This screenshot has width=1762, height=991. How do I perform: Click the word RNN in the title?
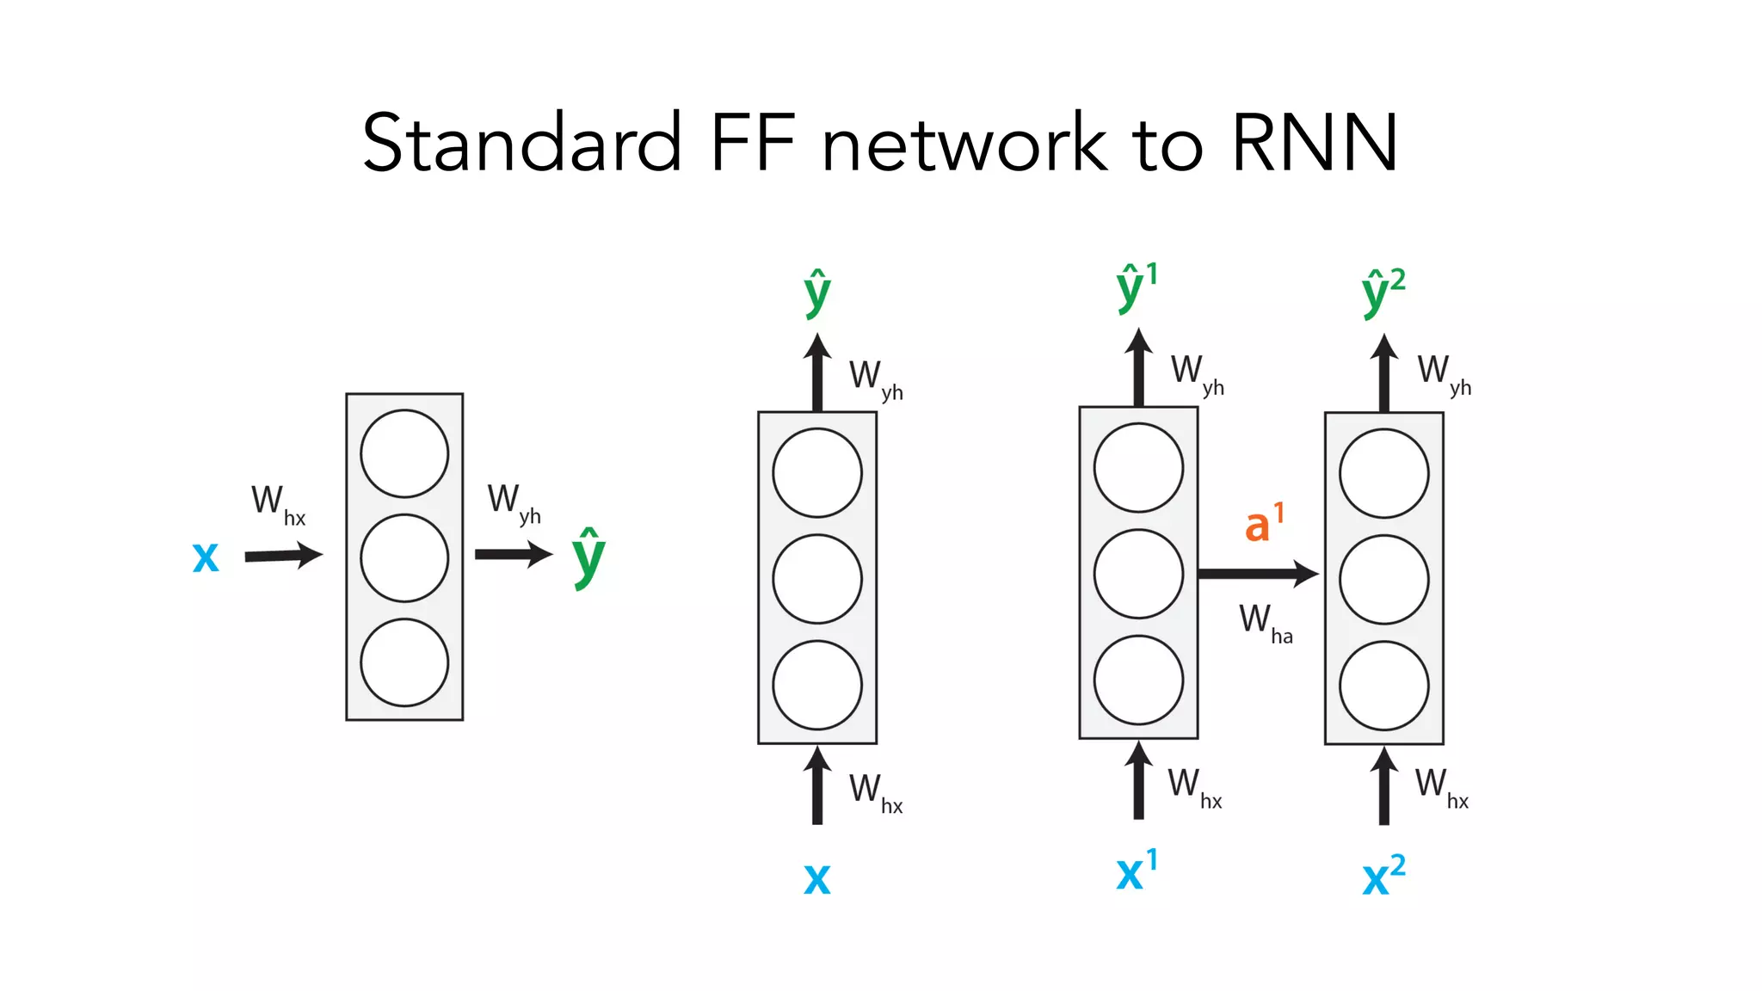coord(1314,144)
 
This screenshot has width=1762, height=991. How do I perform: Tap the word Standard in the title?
coord(521,144)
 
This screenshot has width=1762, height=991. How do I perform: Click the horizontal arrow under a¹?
coord(1256,573)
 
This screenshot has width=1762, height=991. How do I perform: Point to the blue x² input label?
coord(1383,876)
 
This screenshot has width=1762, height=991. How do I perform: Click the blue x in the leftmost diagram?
coord(206,557)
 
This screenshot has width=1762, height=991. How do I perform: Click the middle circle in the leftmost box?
coord(404,557)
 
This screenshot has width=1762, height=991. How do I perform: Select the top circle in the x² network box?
coord(1383,473)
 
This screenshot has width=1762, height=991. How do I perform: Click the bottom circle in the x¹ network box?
coord(1138,680)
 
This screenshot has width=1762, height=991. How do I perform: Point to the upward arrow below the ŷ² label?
coord(1383,374)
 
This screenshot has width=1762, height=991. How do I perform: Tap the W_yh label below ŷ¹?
coord(1197,374)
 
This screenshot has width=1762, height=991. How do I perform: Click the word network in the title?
coord(964,144)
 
